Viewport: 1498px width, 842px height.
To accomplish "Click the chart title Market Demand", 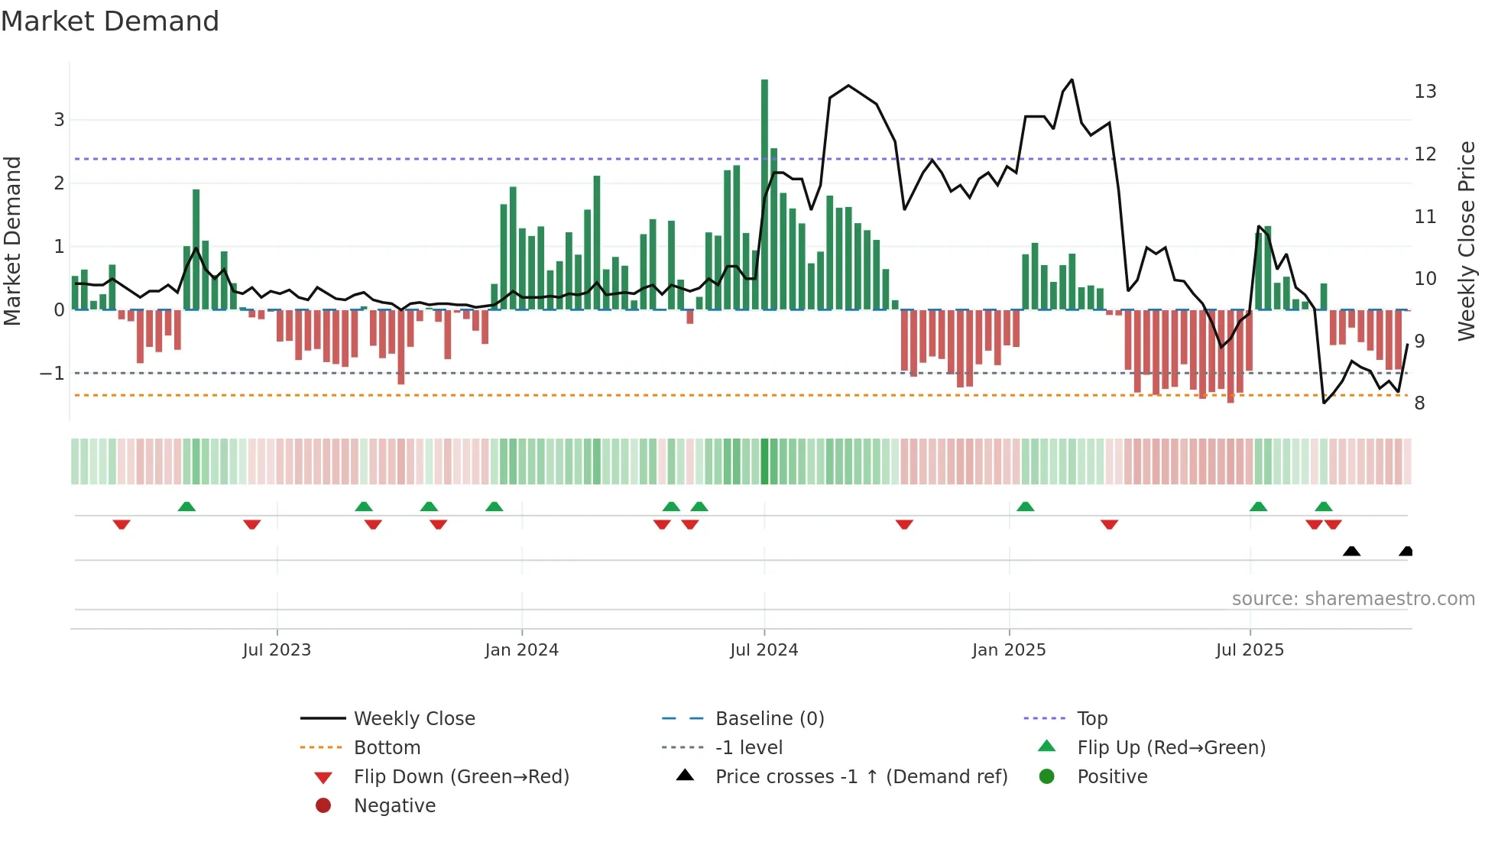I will pyautogui.click(x=110, y=21).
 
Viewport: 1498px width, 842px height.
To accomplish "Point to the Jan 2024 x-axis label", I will pyautogui.click(x=521, y=650).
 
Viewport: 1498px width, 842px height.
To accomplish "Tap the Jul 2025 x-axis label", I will pyautogui.click(x=1250, y=650).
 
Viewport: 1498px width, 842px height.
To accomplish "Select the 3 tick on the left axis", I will pyautogui.click(x=59, y=120).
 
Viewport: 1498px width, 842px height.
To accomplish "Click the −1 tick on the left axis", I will pyautogui.click(x=52, y=374).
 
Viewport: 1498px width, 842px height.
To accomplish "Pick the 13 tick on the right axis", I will pyautogui.click(x=1425, y=92).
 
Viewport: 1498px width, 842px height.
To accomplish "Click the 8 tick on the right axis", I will pyautogui.click(x=1419, y=403).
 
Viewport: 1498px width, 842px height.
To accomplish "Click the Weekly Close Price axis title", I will pyautogui.click(x=1466, y=241).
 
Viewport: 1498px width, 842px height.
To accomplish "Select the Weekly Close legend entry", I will pyautogui.click(x=413, y=719).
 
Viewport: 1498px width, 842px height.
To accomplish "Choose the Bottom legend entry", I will pyautogui.click(x=387, y=748).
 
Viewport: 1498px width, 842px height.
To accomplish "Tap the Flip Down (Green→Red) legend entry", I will pyautogui.click(x=461, y=777).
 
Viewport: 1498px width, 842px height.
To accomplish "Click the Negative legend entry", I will pyautogui.click(x=394, y=806).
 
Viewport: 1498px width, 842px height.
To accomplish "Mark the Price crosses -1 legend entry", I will pyautogui.click(x=861, y=777).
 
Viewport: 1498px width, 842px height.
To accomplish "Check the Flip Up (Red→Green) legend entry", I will pyautogui.click(x=1171, y=748).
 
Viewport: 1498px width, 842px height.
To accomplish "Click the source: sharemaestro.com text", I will pyautogui.click(x=1353, y=599).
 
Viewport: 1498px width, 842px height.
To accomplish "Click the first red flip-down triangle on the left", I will pyautogui.click(x=122, y=524).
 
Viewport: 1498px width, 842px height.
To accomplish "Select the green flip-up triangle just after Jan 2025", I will pyautogui.click(x=1026, y=507).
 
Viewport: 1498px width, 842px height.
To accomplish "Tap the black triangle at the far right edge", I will pyautogui.click(x=1406, y=551).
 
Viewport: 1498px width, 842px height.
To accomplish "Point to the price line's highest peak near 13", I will pyautogui.click(x=1072, y=80).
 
